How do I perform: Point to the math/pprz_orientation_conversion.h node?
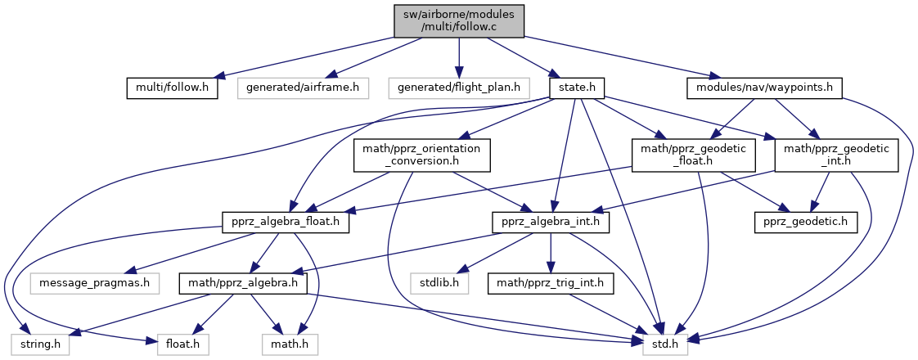point(421,155)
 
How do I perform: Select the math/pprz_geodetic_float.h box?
point(693,155)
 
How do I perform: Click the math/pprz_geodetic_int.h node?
point(836,155)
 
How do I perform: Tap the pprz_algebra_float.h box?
point(286,222)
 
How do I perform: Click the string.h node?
point(40,346)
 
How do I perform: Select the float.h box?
point(178,346)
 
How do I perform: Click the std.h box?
point(664,346)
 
